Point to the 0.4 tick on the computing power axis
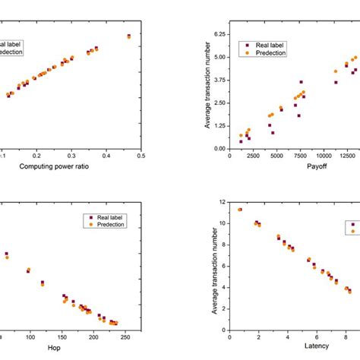[106, 156]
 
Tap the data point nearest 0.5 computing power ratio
[129, 36]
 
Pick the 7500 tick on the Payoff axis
[301, 156]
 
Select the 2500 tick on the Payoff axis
[254, 156]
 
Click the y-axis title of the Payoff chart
[206, 91]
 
